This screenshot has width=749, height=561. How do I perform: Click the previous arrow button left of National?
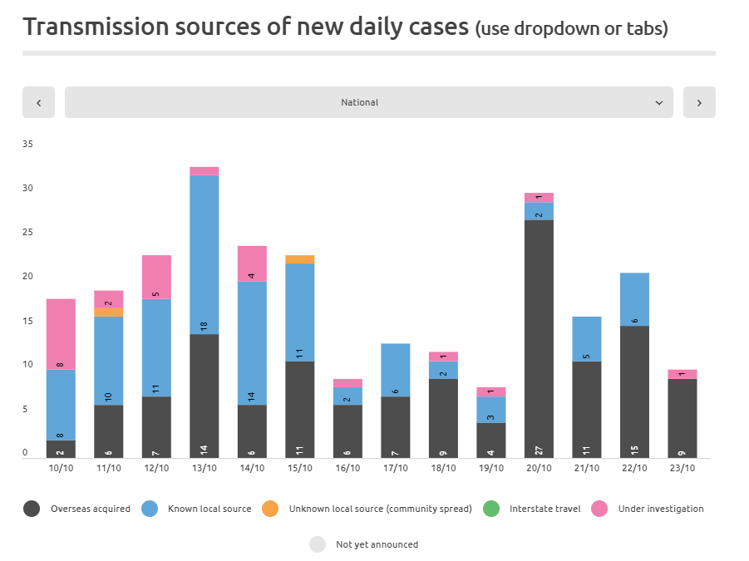point(38,102)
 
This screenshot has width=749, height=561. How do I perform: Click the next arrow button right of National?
point(699,102)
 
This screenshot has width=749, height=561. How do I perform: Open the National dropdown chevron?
point(659,102)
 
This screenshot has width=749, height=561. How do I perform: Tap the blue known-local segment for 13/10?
point(204,254)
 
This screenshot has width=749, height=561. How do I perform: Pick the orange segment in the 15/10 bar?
point(300,259)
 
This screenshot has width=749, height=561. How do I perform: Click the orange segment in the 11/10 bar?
point(109,312)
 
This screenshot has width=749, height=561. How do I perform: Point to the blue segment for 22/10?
point(634,299)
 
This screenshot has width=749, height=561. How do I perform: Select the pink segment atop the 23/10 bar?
point(682,374)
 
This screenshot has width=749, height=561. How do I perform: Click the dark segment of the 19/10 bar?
point(491,440)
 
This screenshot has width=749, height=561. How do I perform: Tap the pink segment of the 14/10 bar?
point(252,263)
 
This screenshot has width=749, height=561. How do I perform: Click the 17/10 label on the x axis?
point(396,468)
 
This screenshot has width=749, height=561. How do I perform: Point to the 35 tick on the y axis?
point(27,144)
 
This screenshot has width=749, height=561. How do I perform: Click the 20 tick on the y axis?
point(27,276)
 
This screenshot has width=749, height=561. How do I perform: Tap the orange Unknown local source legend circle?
point(270,509)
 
